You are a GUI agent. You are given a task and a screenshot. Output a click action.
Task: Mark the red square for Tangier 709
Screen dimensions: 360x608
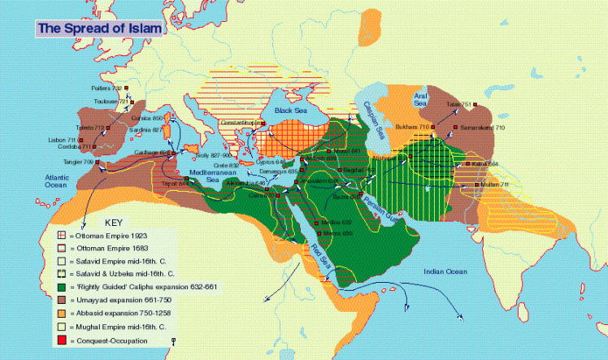tap(98, 162)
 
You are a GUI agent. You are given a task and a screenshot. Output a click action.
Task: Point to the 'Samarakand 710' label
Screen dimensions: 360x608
tap(484, 128)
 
